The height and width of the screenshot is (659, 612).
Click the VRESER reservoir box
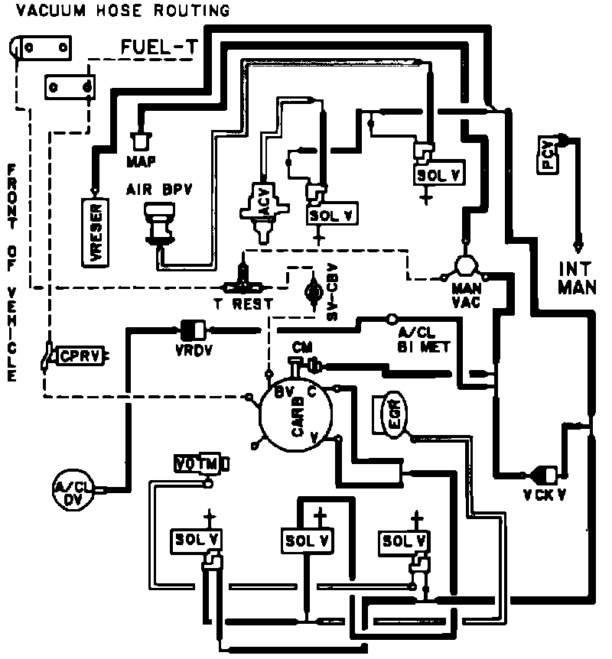point(96,230)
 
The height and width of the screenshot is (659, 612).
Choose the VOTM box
point(197,464)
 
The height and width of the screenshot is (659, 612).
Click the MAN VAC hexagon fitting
point(464,265)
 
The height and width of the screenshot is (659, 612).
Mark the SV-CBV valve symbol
point(312,291)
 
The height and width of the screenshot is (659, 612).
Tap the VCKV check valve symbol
point(548,473)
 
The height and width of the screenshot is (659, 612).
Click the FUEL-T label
point(158,48)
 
